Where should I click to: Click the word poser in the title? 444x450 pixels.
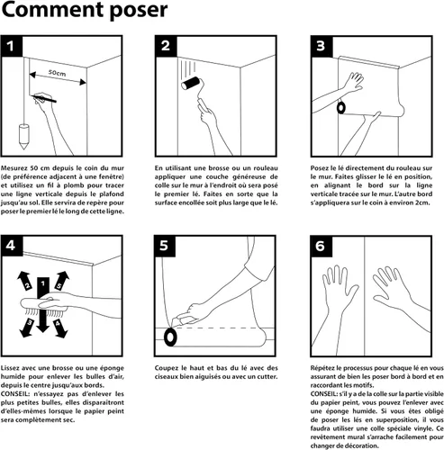[138, 11]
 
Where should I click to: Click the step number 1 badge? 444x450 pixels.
[12, 46]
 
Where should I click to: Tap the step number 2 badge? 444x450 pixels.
[166, 46]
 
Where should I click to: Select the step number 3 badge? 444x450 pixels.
[322, 46]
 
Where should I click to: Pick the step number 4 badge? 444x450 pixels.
[12, 246]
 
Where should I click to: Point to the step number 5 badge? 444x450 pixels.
[165, 246]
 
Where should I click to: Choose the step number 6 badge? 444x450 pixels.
[321, 246]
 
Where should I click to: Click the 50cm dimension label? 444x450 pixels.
[57, 73]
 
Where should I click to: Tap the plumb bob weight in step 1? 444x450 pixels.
[23, 137]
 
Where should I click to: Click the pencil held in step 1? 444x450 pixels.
[44, 98]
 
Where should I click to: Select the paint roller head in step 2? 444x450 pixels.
[191, 83]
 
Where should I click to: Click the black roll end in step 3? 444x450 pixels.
[341, 108]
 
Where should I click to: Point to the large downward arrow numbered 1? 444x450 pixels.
[43, 304]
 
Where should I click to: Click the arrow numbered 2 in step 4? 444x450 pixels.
[24, 281]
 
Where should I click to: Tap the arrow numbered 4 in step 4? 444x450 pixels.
[60, 328]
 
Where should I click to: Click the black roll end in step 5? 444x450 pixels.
[170, 337]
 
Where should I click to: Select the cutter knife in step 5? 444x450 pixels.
[183, 319]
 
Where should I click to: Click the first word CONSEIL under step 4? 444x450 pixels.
[14, 394]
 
